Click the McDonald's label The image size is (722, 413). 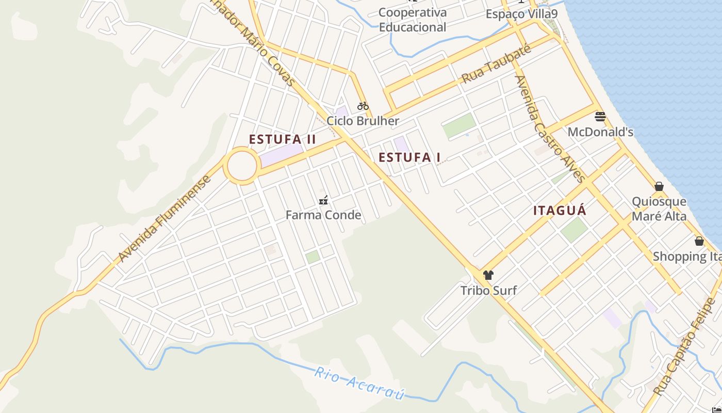point(600,132)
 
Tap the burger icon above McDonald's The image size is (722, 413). point(600,116)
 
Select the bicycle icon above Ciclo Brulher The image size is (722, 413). point(363,106)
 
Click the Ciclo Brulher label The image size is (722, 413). point(363,121)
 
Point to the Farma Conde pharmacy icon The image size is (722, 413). point(323,200)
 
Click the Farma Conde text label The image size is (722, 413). point(323,215)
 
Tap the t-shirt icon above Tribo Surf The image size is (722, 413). point(488,275)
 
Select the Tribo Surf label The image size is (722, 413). point(488,290)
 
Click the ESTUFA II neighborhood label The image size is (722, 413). point(282,139)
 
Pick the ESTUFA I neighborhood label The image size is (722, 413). point(409,157)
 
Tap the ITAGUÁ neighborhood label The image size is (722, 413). point(560,211)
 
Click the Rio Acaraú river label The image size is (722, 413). point(359,383)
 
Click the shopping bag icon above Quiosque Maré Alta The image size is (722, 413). point(659,186)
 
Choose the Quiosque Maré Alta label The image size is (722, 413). point(659,209)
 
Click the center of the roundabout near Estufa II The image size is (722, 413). point(242,166)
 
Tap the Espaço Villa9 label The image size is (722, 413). point(521,14)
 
